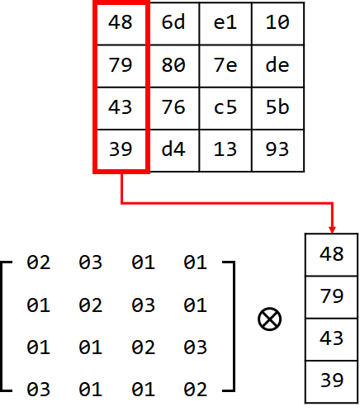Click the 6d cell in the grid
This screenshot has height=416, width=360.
[174, 23]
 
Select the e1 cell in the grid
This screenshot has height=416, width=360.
[225, 23]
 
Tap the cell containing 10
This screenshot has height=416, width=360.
[277, 23]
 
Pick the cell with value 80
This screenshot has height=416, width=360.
[174, 66]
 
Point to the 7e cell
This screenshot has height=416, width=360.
[225, 66]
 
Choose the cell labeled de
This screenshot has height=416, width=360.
[277, 66]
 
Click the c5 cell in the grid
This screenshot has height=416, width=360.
[225, 108]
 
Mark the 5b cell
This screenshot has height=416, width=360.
[277, 108]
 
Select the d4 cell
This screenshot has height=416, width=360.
[174, 150]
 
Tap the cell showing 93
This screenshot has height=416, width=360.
[277, 150]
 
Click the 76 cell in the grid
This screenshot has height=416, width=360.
[174, 108]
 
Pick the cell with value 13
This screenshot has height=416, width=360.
[225, 150]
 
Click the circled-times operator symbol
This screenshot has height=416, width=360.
[270, 319]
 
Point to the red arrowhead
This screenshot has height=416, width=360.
[332, 229]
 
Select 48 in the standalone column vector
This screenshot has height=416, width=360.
[332, 254]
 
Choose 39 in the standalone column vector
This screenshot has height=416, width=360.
[332, 381]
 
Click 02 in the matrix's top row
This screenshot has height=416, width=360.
[39, 262]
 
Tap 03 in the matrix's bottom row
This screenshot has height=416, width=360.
[39, 390]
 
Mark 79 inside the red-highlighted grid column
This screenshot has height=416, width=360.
[121, 65]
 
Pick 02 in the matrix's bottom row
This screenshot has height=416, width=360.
[196, 390]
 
